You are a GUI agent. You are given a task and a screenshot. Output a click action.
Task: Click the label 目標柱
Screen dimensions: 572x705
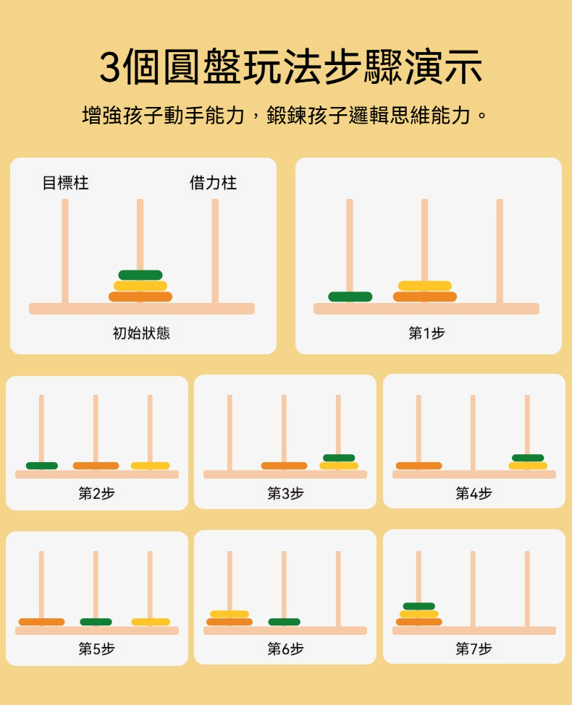[65, 183]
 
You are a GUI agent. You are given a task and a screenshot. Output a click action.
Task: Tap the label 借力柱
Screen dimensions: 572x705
[213, 183]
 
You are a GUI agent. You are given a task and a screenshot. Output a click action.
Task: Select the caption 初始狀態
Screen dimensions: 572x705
[141, 333]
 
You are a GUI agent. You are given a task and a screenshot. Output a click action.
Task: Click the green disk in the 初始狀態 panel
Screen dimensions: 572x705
[140, 275]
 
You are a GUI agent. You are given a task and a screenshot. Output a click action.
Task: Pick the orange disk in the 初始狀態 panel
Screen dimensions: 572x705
[140, 296]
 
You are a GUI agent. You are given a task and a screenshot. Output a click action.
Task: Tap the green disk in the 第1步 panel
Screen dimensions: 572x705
[350, 296]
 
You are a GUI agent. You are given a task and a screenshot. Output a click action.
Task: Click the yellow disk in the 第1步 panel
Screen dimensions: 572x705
[425, 286]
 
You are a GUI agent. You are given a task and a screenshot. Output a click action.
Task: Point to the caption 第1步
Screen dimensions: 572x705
[426, 333]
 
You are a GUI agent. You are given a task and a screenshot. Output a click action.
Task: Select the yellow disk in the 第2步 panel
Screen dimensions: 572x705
[150, 466]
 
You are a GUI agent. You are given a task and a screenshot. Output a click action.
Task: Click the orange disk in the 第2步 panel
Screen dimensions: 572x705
[96, 466]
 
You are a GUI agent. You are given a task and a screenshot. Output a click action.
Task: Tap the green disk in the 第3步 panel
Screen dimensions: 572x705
[339, 458]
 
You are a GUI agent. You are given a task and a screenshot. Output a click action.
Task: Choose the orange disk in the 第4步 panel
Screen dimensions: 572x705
[419, 466]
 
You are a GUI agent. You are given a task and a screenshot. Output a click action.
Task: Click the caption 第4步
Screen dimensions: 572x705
[474, 493]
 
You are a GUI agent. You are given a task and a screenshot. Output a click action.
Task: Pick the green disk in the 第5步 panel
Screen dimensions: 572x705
[96, 622]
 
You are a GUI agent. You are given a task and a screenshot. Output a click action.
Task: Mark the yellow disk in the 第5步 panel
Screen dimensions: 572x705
[151, 622]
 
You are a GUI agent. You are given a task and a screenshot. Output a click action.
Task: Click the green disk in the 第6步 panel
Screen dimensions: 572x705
[285, 622]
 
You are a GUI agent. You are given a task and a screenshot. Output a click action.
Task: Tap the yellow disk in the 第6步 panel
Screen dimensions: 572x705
[230, 614]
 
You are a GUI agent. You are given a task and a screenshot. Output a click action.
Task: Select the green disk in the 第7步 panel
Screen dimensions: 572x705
[419, 606]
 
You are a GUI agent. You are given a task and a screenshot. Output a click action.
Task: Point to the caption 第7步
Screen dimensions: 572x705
[474, 649]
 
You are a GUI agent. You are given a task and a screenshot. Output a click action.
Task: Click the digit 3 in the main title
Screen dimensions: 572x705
[110, 67]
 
